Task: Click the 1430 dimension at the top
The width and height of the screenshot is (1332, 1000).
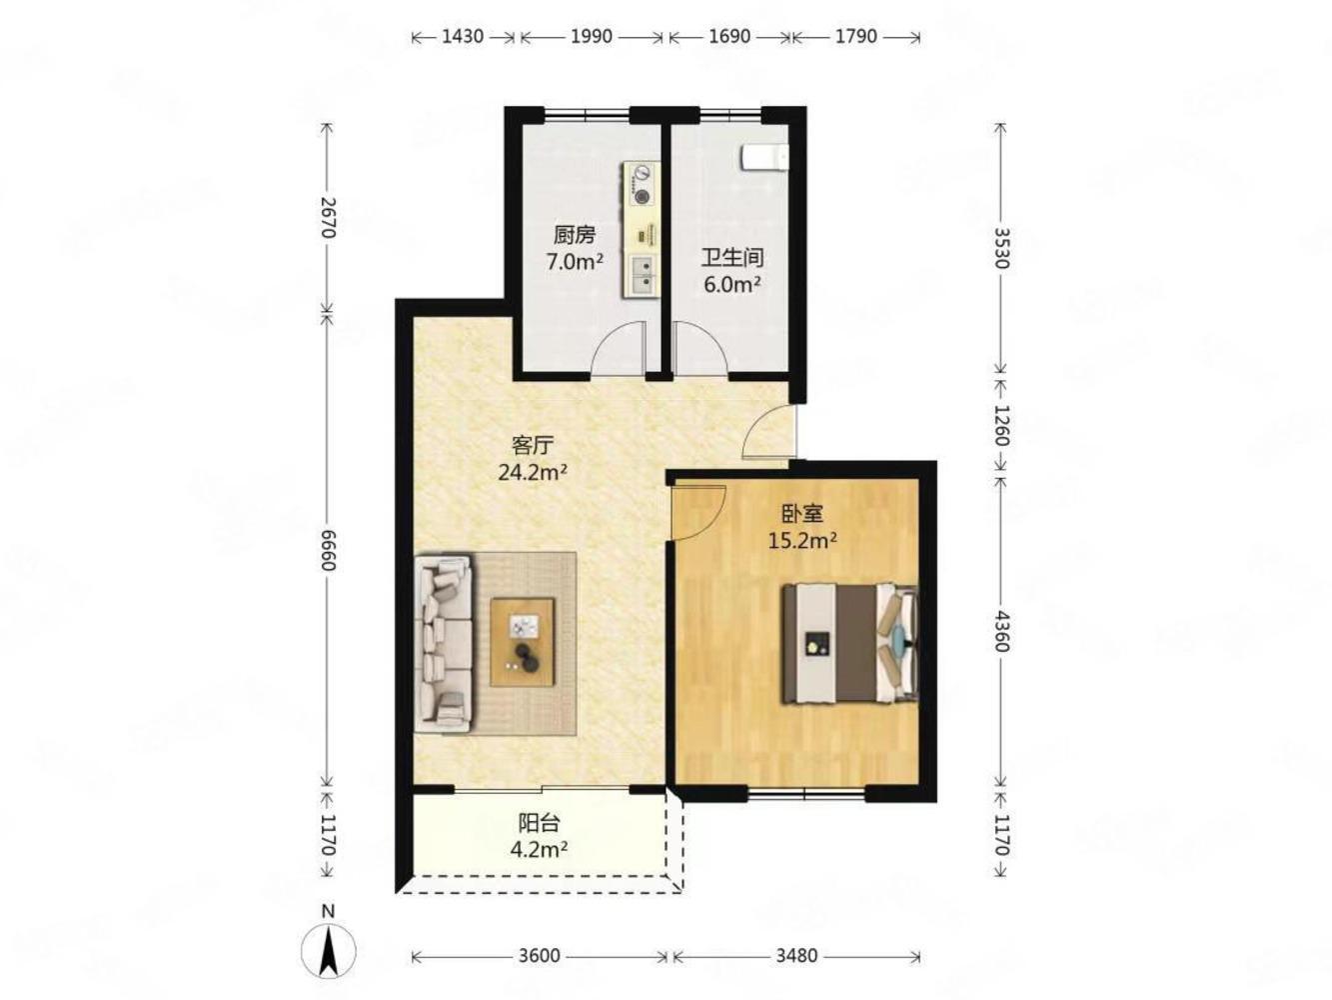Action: coord(462,36)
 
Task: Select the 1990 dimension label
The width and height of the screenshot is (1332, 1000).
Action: coord(591,36)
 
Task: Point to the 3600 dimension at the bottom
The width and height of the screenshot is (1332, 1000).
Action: coord(539,957)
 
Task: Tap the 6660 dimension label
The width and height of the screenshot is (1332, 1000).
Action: coord(328,549)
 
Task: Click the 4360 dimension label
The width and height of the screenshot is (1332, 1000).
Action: coord(1000,631)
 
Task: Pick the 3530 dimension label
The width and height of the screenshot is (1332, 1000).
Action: coord(1000,248)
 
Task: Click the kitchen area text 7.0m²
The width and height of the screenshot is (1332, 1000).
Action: coord(574,262)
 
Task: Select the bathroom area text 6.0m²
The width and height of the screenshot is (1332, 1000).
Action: coord(731,284)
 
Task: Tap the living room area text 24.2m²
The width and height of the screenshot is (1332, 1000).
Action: coord(533,472)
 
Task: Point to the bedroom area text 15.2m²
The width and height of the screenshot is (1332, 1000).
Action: coord(802,540)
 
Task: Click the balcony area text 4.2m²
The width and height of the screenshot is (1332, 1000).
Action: coord(539,849)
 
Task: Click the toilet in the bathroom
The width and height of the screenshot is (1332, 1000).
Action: coord(764,158)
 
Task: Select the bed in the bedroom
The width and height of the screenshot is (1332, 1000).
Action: coord(849,644)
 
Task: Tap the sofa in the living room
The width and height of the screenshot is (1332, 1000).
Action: coord(444,643)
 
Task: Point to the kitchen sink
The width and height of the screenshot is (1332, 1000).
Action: coord(641,275)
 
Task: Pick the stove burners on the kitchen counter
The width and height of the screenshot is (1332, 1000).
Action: coord(642,184)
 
